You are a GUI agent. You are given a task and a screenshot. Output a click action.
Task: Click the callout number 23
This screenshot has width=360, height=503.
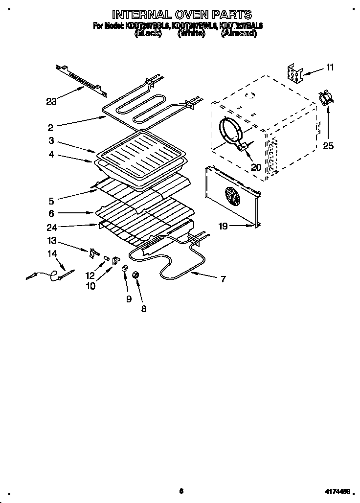51,102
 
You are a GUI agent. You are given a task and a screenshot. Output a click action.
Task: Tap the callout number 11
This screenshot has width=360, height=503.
330,68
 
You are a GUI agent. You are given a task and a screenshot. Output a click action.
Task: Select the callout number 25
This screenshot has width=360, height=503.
328,145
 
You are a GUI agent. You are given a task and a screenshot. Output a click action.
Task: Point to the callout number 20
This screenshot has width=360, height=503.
256,167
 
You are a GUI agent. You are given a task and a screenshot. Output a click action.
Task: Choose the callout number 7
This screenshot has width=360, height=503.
223,279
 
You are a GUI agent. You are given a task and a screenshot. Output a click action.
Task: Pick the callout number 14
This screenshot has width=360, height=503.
52,253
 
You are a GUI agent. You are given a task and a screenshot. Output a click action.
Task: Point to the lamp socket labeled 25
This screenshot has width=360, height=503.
325,98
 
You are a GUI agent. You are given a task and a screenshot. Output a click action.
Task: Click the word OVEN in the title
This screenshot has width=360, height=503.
188,14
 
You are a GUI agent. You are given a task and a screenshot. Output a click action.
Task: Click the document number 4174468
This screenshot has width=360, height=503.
337,491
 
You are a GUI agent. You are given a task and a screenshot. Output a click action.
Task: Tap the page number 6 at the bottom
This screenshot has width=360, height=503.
180,491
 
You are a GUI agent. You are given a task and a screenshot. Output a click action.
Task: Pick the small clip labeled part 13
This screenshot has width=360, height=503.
91,253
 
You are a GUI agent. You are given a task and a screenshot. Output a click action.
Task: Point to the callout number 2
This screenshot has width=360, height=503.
50,128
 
